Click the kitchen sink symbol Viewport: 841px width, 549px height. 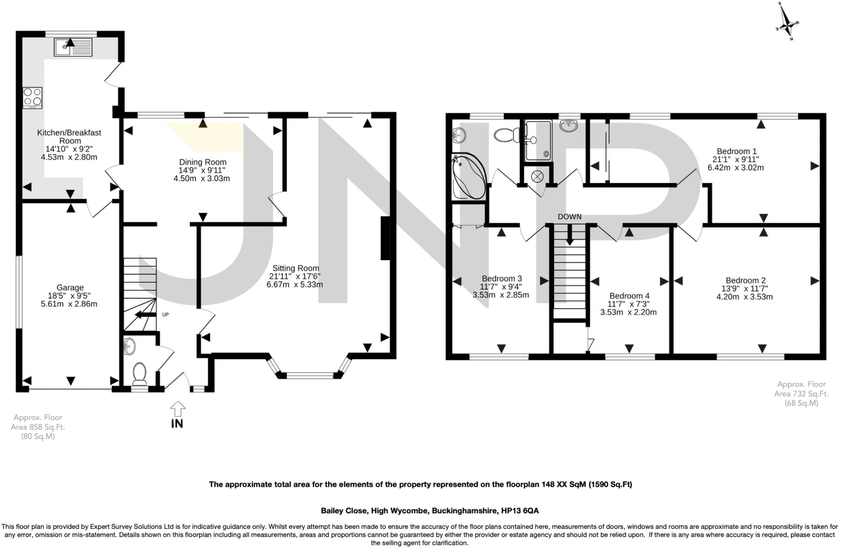pyautogui.click(x=73, y=47)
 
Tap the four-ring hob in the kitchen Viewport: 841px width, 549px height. pyautogui.click(x=33, y=98)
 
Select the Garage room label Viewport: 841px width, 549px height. pyautogui.click(x=70, y=288)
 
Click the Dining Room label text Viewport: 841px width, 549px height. pyautogui.click(x=202, y=162)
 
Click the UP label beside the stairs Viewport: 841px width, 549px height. pyautogui.click(x=165, y=315)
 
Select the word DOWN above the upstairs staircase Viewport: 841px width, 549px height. pyautogui.click(x=569, y=217)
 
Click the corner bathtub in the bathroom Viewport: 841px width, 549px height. pyautogui.click(x=468, y=176)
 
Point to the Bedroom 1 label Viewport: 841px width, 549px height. pyautogui.click(x=736, y=151)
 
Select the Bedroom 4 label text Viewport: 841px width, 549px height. pyautogui.click(x=629, y=296)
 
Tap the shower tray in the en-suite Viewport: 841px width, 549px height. pyautogui.click(x=538, y=141)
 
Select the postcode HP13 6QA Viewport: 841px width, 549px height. pyautogui.click(x=519, y=511)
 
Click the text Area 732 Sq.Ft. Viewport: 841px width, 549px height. pyautogui.click(x=801, y=394)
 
